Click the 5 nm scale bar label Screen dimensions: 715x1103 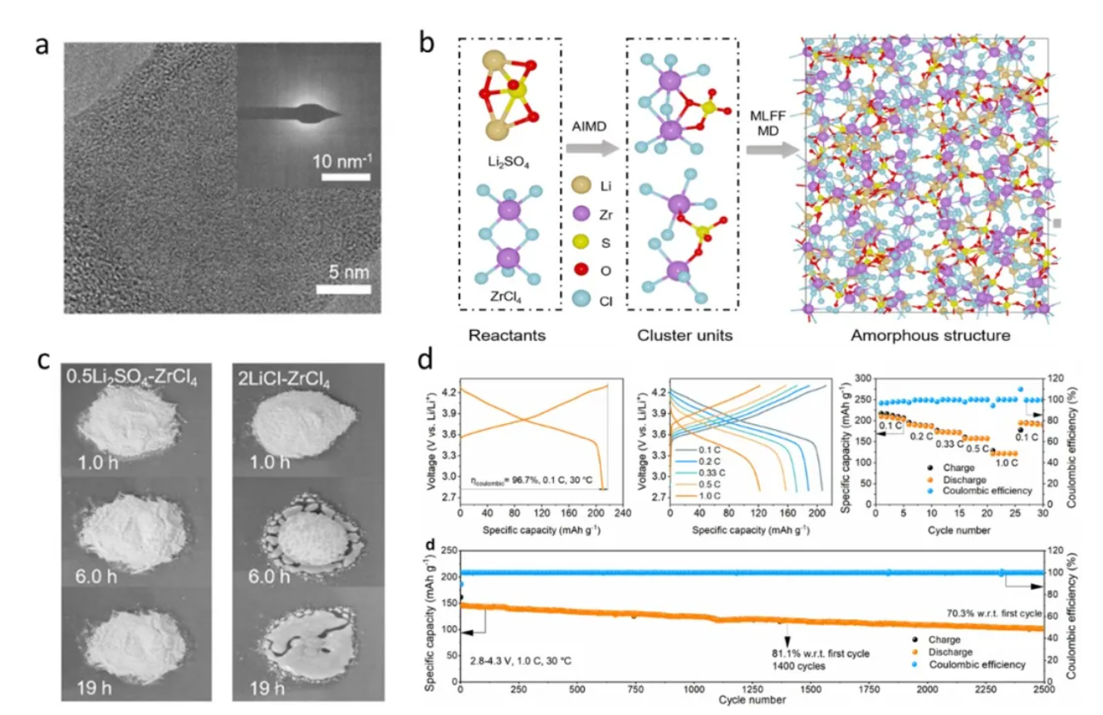point(342,273)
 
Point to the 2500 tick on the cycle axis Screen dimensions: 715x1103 point(1043,690)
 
